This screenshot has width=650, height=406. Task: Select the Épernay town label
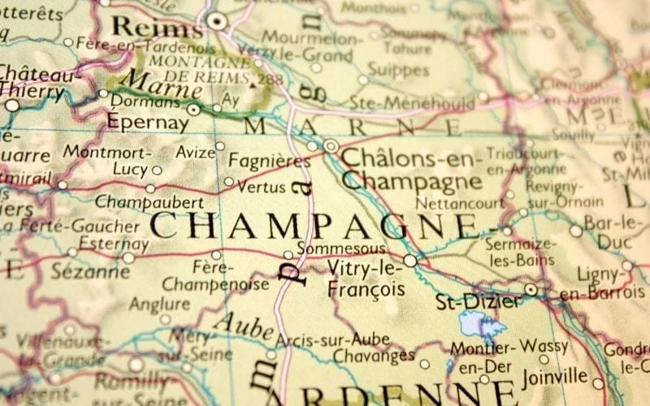pos(148,124)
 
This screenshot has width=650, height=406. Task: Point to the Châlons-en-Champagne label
pos(411,168)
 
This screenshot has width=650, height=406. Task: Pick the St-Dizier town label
pos(478,302)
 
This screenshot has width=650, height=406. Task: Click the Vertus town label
pos(262,187)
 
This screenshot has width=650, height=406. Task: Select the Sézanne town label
pos(84,271)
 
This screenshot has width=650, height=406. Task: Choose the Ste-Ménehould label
pos(411,102)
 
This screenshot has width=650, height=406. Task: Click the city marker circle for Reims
pos(216,21)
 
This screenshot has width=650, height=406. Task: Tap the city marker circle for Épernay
pos(193,110)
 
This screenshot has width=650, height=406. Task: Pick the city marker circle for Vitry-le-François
pos(410,261)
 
